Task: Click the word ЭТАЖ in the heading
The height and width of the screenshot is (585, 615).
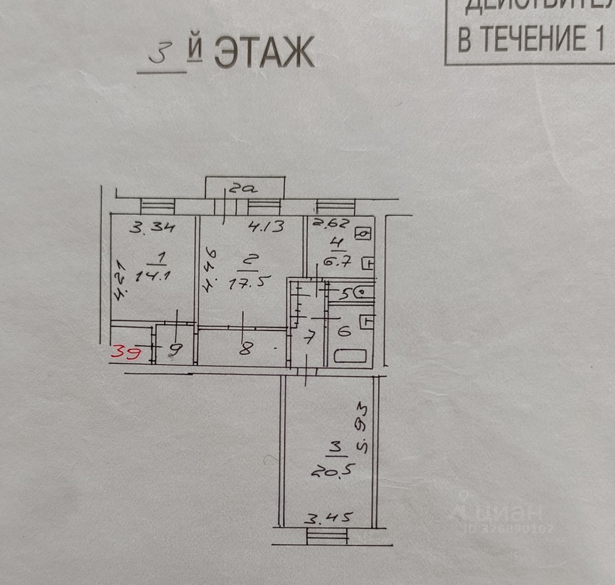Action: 264,51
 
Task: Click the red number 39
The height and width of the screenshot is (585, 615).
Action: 126,353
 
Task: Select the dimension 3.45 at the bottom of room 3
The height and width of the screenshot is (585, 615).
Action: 330,518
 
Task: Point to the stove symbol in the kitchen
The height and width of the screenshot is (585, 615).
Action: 363,234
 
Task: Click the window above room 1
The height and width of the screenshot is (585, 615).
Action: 158,206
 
